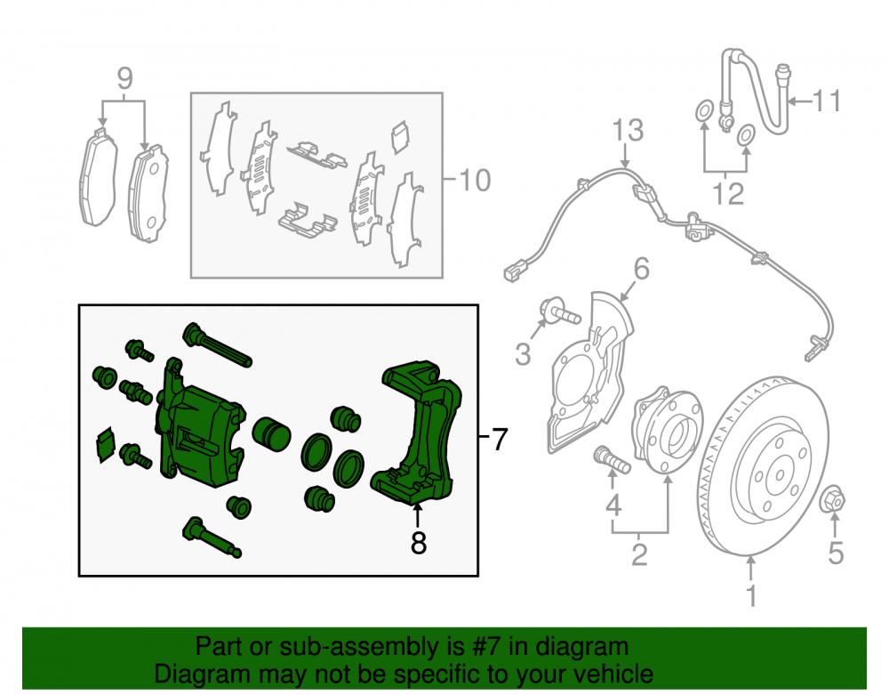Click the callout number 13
pyautogui.click(x=628, y=130)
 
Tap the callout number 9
pyautogui.click(x=124, y=78)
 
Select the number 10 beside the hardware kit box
pyautogui.click(x=475, y=181)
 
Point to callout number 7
pyautogui.click(x=499, y=440)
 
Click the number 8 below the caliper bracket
pyautogui.click(x=419, y=543)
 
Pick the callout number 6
pyautogui.click(x=641, y=268)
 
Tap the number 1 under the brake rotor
pyautogui.click(x=751, y=595)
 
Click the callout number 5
pyautogui.click(x=836, y=553)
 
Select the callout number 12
pyautogui.click(x=728, y=193)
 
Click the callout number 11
pyautogui.click(x=827, y=101)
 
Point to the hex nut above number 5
pyautogui.click(x=833, y=500)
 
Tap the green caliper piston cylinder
pyautogui.click(x=271, y=434)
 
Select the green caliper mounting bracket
pyautogui.click(x=417, y=432)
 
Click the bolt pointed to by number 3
pyautogui.click(x=559, y=311)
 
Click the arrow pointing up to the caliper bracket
pyautogui.click(x=417, y=516)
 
